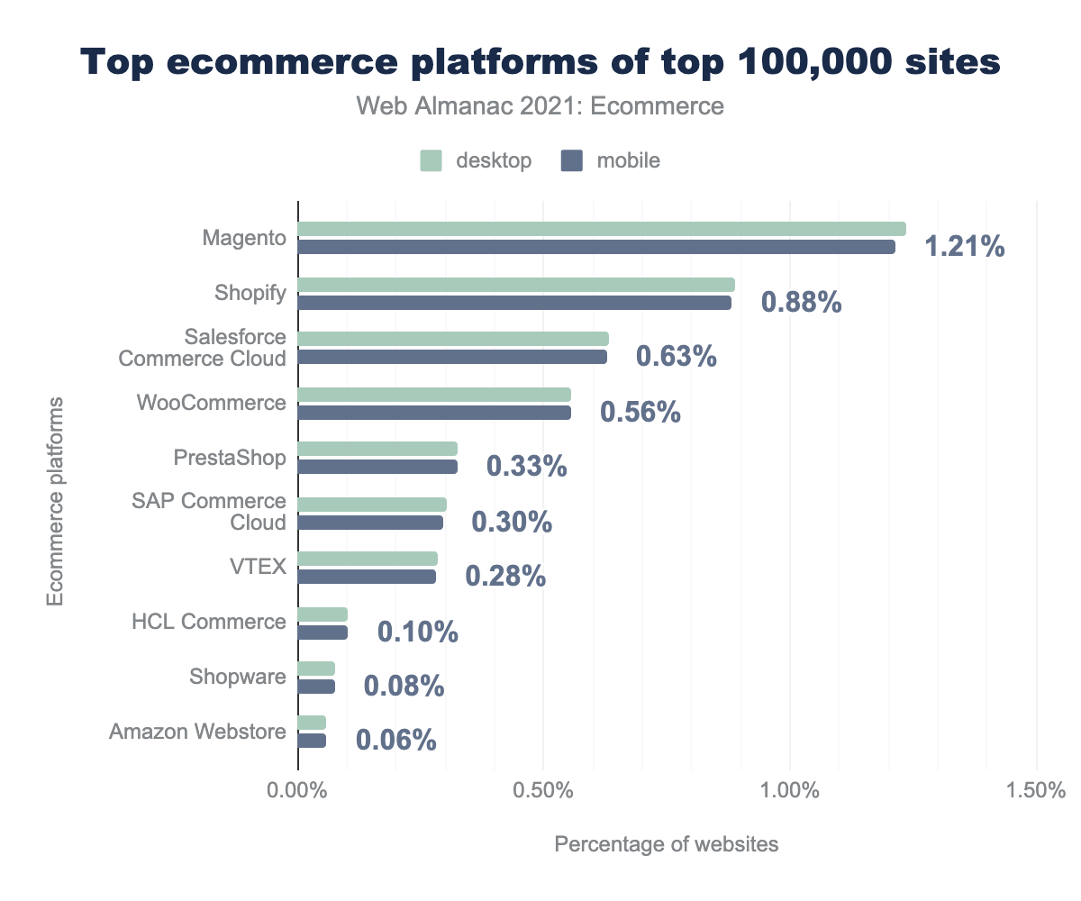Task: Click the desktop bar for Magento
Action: (x=602, y=229)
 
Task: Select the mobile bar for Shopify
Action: (x=514, y=303)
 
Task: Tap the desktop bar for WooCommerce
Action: (x=434, y=395)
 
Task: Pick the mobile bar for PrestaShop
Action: (x=377, y=467)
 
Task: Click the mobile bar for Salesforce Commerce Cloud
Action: (x=452, y=357)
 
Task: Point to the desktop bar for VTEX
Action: (x=368, y=559)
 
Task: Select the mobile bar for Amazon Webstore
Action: (x=312, y=741)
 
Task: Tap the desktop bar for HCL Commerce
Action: (x=322, y=614)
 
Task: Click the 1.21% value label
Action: (x=964, y=247)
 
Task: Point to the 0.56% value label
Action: (x=640, y=413)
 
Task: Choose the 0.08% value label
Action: (x=404, y=687)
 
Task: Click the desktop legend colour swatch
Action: (x=431, y=161)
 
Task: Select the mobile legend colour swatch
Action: (x=572, y=161)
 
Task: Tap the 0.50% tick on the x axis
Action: (x=543, y=791)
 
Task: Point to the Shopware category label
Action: (x=238, y=677)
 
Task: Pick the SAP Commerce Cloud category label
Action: (x=235, y=512)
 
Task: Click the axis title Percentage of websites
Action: (x=666, y=844)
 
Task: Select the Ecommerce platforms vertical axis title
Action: (x=56, y=500)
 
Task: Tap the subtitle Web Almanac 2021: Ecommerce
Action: (x=540, y=106)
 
